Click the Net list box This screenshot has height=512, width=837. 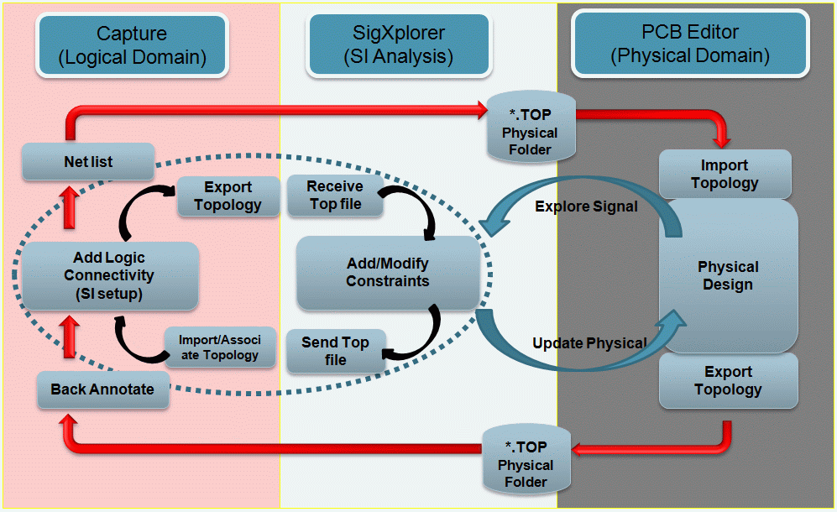click(88, 160)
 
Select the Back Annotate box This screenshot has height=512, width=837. click(102, 389)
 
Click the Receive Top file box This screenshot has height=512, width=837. click(334, 195)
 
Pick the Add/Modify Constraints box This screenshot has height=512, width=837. click(387, 272)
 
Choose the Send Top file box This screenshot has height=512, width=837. click(335, 351)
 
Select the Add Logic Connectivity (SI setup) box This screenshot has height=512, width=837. click(110, 275)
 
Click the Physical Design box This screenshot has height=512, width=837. click(727, 275)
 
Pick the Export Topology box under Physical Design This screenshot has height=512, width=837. click(727, 380)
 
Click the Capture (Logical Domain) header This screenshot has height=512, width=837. click(132, 45)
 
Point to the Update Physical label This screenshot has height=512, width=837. click(589, 342)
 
